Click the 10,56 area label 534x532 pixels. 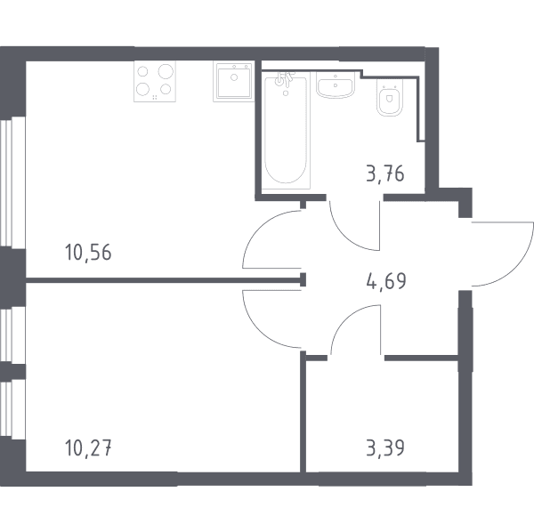88,253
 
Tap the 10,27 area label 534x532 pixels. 88,447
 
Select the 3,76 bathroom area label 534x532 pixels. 385,173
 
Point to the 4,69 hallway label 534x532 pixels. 386,281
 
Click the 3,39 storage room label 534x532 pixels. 385,447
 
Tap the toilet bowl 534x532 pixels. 390,98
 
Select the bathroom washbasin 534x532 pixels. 336,85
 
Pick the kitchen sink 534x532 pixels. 233,81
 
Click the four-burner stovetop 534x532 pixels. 155,81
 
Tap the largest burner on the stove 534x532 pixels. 166,71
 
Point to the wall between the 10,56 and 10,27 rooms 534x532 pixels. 164,280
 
